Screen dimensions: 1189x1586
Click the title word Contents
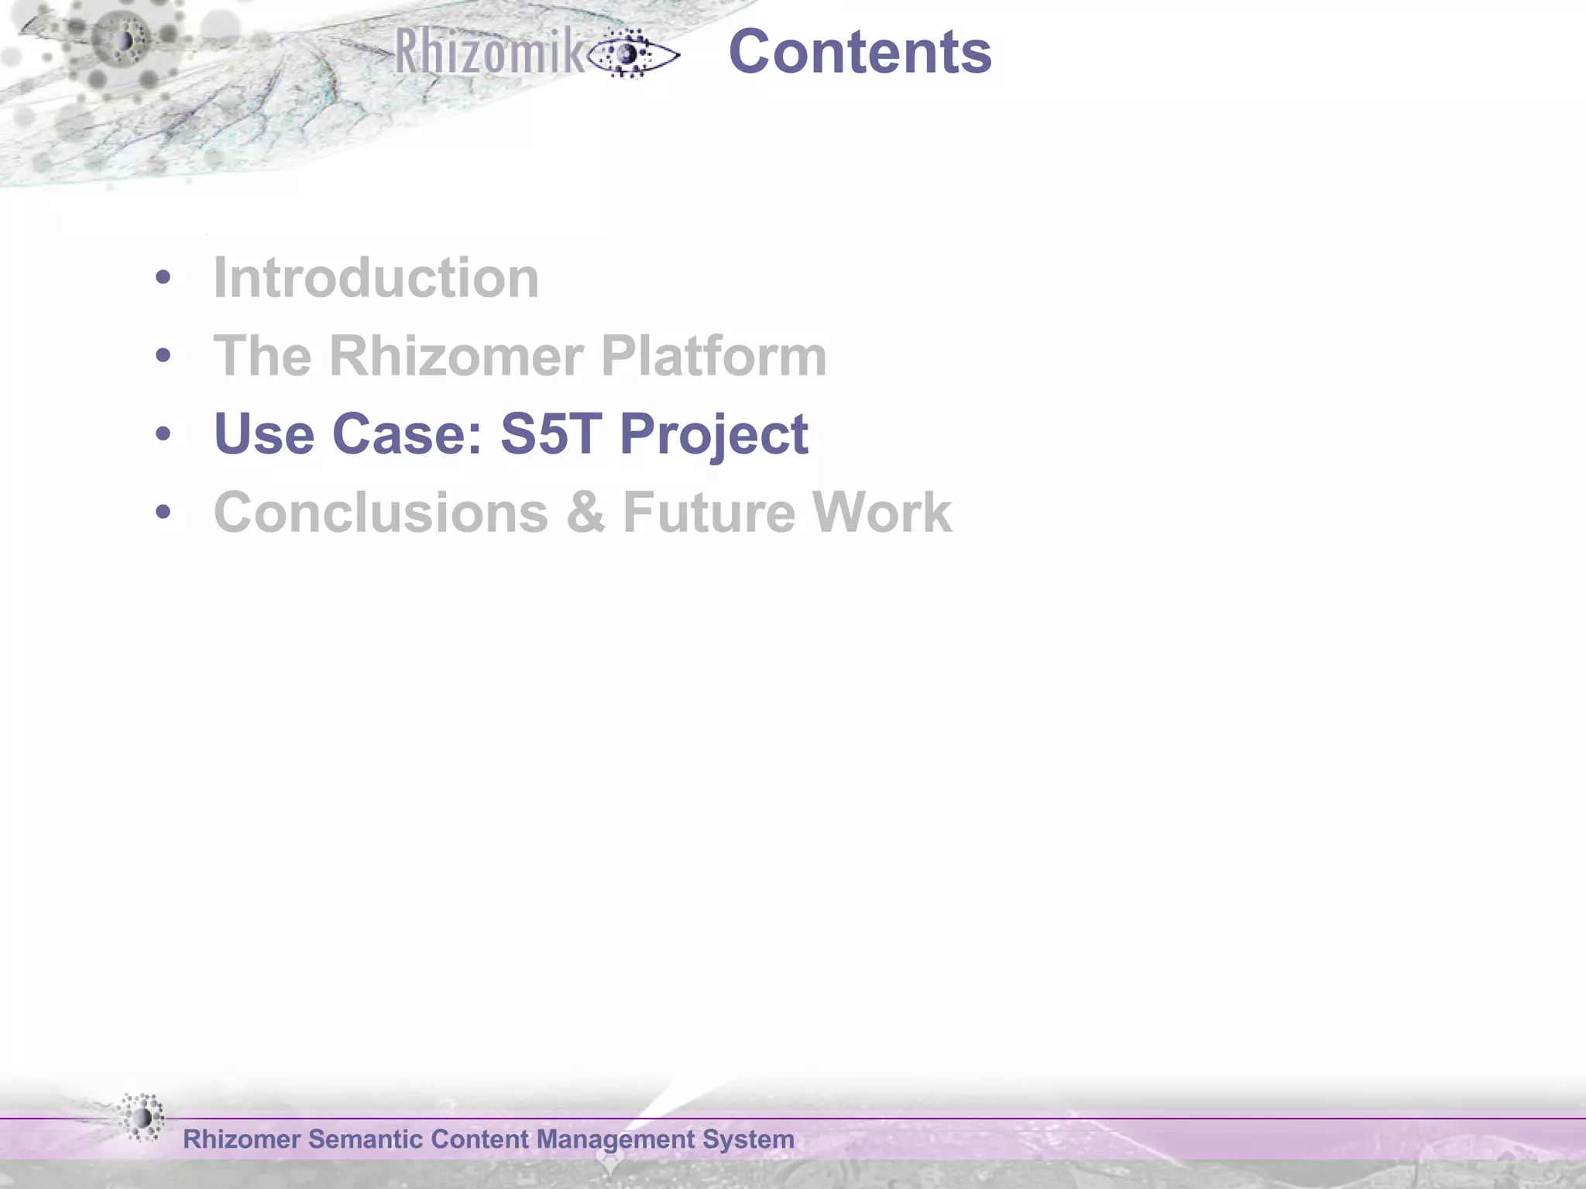point(860,52)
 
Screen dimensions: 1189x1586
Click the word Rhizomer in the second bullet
point(455,356)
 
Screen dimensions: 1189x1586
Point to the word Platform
point(713,356)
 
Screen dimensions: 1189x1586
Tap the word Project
point(713,435)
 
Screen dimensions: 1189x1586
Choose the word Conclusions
point(381,512)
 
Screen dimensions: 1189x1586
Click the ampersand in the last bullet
point(585,512)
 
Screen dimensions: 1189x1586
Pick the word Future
point(708,512)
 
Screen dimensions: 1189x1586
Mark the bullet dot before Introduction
point(163,278)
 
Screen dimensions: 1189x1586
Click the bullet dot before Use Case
point(163,434)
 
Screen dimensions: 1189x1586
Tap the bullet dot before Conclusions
point(163,512)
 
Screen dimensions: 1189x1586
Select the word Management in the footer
point(616,1140)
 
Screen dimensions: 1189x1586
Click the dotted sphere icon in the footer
point(142,1118)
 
